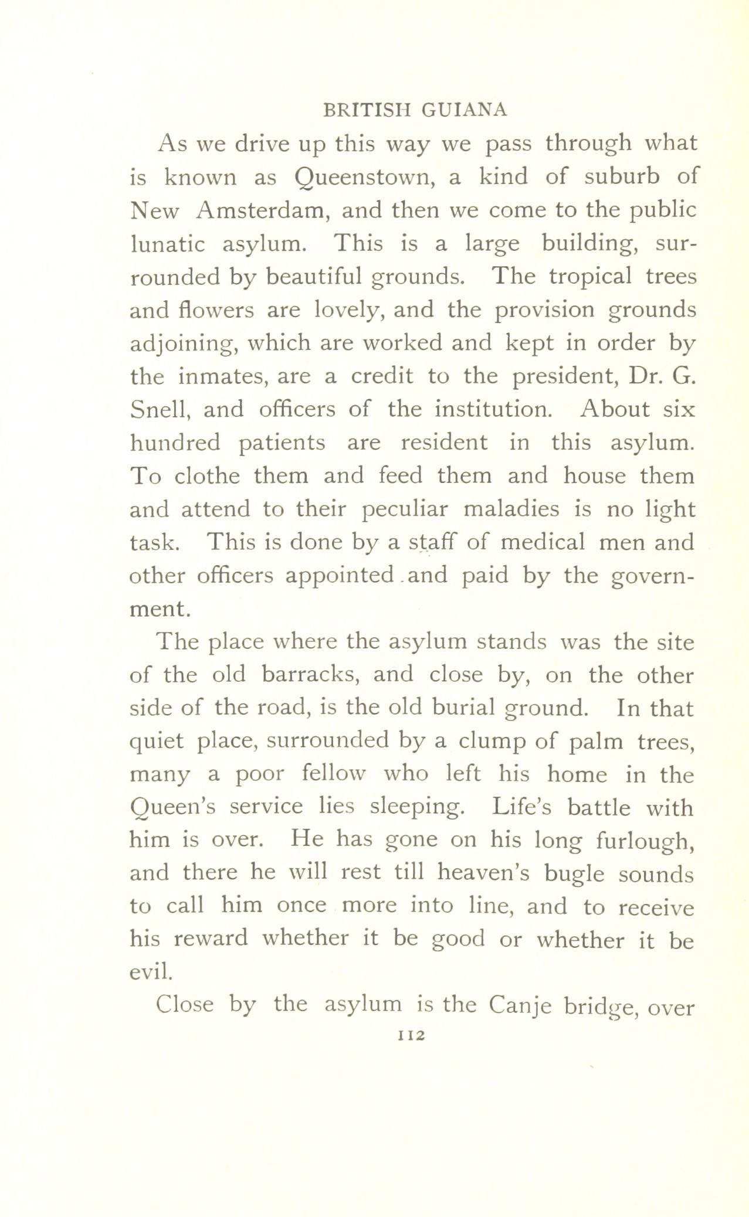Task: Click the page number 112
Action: [410, 1036]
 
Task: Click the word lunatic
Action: [167, 243]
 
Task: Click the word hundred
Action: [175, 442]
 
